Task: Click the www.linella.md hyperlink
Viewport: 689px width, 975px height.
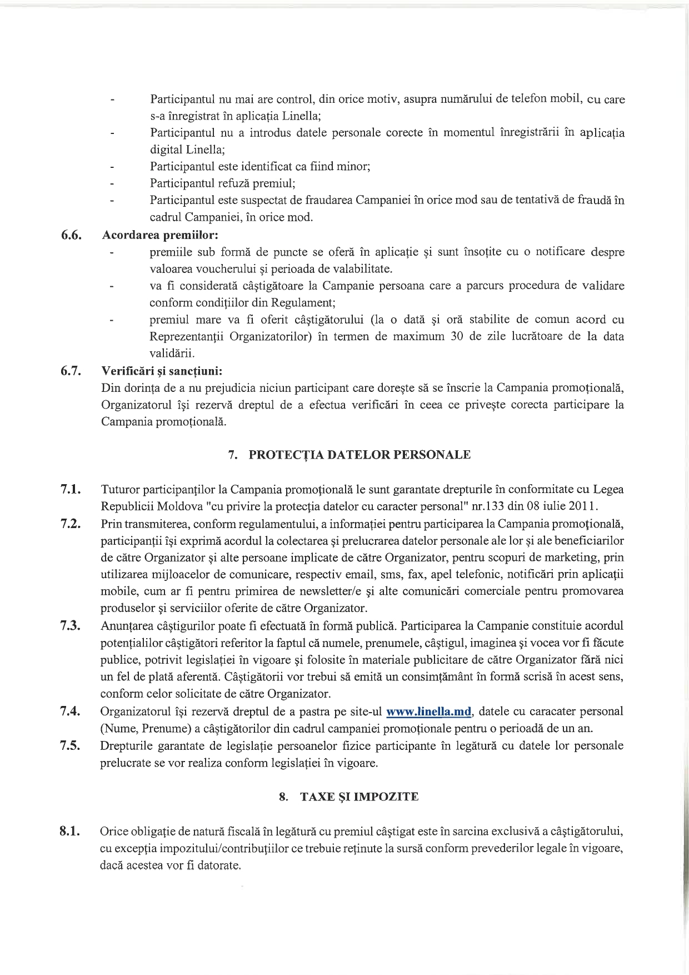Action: pos(428,712)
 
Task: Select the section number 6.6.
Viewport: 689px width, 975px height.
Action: pos(72,235)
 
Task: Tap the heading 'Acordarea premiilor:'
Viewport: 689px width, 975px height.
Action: pos(159,235)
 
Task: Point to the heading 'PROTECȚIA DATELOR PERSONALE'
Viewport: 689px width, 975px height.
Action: pos(359,455)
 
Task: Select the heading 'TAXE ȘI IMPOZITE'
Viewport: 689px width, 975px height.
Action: pos(359,797)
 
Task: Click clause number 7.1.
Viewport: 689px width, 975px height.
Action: pos(71,490)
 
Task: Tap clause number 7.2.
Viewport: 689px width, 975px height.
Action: pos(71,524)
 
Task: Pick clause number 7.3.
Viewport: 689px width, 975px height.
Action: pos(71,626)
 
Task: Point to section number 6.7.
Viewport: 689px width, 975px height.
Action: pos(72,371)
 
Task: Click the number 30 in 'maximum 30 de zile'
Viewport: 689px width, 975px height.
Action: pos(457,336)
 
